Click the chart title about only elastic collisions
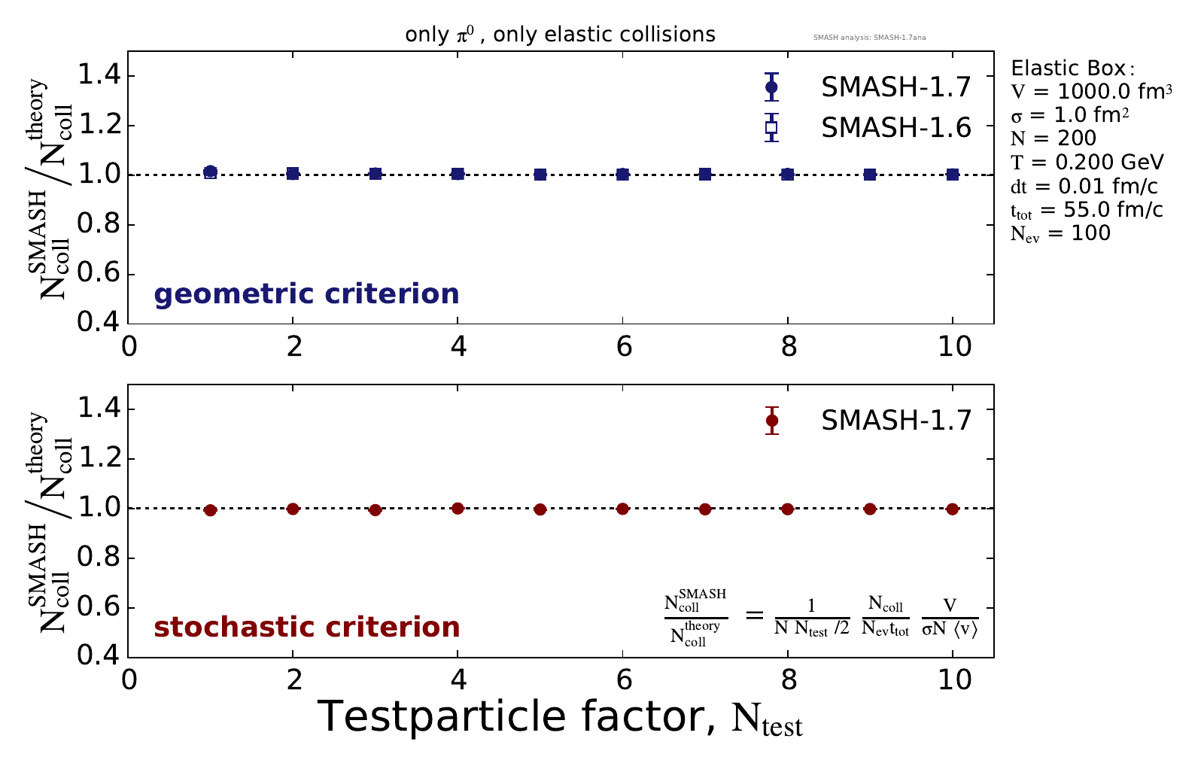(560, 35)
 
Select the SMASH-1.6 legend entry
(895, 128)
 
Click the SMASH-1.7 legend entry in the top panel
(895, 87)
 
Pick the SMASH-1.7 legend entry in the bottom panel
(895, 421)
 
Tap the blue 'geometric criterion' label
(306, 293)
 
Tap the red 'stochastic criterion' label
(306, 628)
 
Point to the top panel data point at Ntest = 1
(211, 172)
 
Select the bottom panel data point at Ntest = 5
(540, 509)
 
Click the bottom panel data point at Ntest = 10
(953, 509)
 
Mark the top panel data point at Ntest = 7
(705, 175)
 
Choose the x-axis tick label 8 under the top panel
(788, 347)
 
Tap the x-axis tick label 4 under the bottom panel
(458, 680)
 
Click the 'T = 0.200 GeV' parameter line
(1087, 162)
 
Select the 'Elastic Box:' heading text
(1069, 68)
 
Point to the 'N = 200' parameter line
(1053, 138)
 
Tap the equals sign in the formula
(753, 616)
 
